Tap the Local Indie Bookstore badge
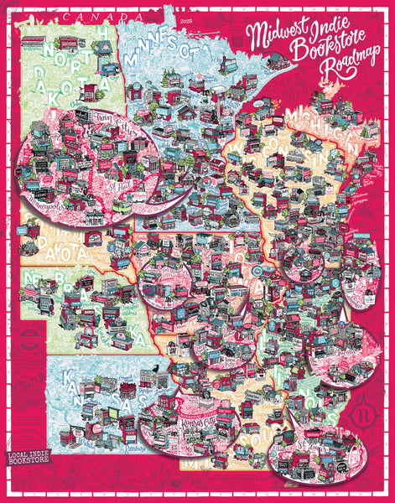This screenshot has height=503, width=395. (x=32, y=459)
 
